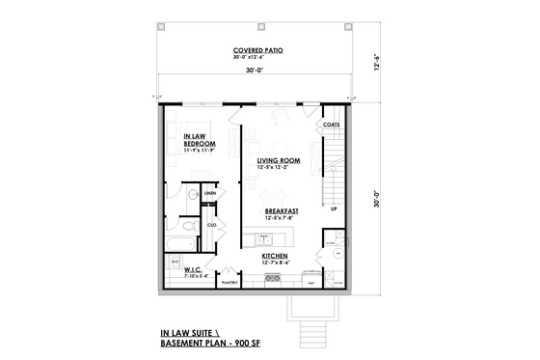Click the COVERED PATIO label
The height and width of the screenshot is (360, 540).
click(x=256, y=50)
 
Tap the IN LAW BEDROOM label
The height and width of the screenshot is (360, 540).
click(x=199, y=140)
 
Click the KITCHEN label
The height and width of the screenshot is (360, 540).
click(x=277, y=257)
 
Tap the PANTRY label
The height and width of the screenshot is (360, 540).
click(x=229, y=284)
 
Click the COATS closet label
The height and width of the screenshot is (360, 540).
click(x=331, y=125)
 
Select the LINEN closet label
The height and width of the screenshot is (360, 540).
click(x=209, y=193)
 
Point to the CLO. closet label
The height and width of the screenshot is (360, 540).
click(x=212, y=225)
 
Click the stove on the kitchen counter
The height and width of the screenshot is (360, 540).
click(x=273, y=280)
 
